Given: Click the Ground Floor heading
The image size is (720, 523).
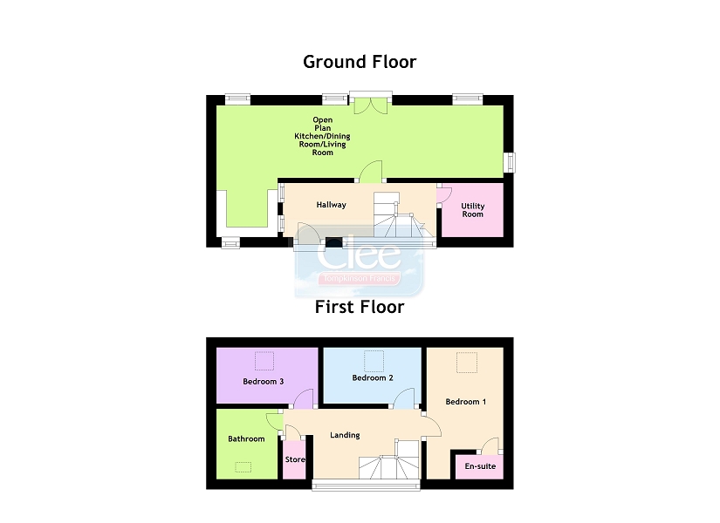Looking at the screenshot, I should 360,62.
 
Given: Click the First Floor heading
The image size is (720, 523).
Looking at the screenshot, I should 360,307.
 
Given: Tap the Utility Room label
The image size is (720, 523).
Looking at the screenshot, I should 472,210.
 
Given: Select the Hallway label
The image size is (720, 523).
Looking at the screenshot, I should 331,206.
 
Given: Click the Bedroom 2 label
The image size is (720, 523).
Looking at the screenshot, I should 373,378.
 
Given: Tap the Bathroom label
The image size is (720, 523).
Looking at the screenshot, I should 246,439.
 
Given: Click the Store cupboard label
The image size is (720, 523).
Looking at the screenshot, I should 295,460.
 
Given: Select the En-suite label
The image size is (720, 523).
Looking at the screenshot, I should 479,467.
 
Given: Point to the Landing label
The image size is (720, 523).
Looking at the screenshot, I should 345,436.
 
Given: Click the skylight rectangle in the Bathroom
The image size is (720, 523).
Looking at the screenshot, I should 243,467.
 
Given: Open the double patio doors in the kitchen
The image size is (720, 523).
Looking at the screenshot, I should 371,105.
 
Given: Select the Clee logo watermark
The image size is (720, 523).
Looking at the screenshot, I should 359,261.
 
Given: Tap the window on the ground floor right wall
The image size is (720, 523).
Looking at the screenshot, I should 509,162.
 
